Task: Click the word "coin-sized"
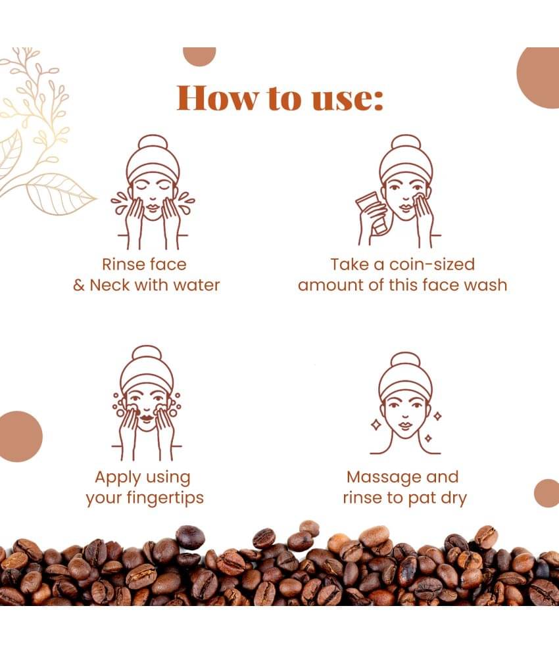[x=432, y=264]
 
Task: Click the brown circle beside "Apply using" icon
[x=19, y=436]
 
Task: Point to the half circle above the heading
[x=199, y=56]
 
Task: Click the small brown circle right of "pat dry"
[x=547, y=494]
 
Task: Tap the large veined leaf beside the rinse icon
[x=61, y=194]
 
